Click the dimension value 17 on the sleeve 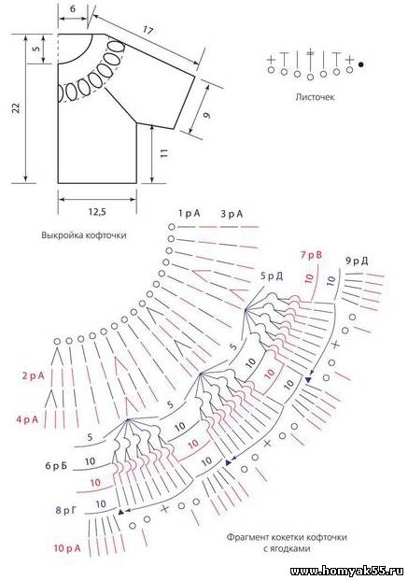point(148,30)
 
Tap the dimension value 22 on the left point(16,107)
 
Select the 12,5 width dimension point(97,212)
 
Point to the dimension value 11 point(165,153)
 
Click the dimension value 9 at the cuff point(207,115)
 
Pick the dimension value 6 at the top point(73,8)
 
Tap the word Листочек point(315,97)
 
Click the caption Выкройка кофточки point(84,234)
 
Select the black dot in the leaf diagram point(361,64)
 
